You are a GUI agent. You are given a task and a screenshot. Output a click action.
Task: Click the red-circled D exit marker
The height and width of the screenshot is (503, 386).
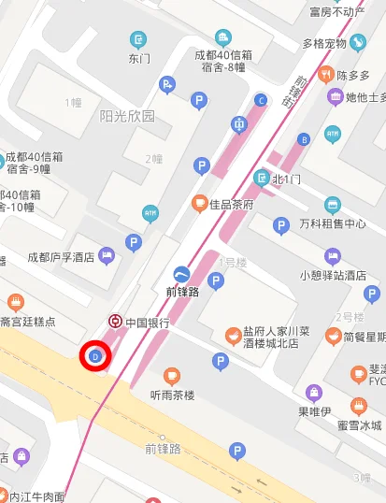click(95, 355)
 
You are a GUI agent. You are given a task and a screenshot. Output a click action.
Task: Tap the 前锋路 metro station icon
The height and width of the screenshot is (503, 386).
click(181, 273)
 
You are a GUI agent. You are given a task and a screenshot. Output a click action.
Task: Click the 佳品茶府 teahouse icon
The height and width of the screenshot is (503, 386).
click(198, 202)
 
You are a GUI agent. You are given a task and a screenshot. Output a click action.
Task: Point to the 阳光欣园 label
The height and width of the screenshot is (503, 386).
click(127, 117)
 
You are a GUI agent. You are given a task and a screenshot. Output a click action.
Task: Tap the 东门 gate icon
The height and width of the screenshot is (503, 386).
click(139, 39)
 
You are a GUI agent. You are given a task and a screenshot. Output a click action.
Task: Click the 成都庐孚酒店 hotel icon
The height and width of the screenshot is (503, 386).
click(107, 254)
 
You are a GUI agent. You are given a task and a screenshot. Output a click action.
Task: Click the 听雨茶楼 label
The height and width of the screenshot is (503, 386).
click(172, 395)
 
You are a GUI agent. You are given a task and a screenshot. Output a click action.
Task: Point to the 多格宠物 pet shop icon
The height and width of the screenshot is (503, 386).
click(358, 42)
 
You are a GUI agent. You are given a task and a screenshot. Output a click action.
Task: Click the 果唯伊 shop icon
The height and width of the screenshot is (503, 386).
click(313, 393)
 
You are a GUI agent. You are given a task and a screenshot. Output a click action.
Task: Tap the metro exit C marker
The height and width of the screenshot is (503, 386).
click(261, 99)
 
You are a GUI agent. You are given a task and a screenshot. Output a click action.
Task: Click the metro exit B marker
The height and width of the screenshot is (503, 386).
click(303, 139)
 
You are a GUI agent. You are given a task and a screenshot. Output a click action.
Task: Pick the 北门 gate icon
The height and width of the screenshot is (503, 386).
click(262, 178)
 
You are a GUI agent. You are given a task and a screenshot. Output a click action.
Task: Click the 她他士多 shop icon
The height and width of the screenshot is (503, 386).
click(335, 96)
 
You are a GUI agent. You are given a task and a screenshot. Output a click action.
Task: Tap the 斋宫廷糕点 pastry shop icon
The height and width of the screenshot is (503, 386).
click(15, 302)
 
